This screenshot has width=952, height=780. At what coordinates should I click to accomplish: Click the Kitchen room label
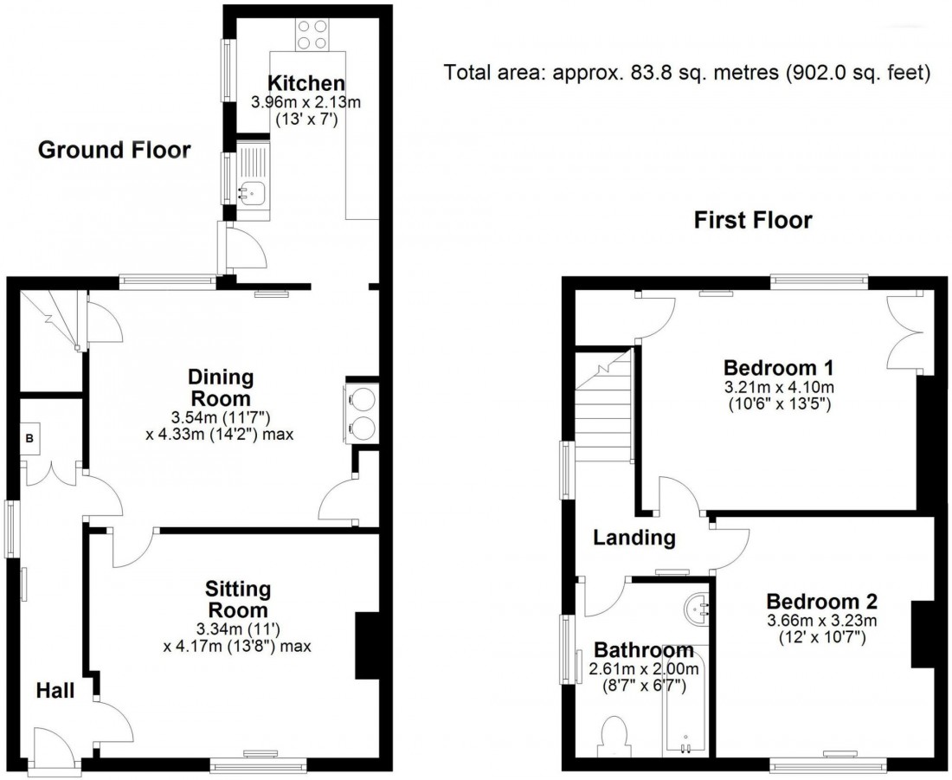coord(306,84)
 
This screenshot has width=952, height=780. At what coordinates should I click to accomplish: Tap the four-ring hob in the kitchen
coord(312,34)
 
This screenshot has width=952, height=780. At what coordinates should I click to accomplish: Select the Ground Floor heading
coord(114,151)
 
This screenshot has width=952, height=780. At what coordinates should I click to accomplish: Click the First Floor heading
coord(753,221)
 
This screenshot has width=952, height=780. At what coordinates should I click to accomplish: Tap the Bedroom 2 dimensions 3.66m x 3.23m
coord(822,620)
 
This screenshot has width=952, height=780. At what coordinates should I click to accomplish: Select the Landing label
coord(634,538)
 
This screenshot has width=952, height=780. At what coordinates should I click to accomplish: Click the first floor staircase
coord(606,407)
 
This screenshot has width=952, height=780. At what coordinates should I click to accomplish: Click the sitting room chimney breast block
coord(367,645)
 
